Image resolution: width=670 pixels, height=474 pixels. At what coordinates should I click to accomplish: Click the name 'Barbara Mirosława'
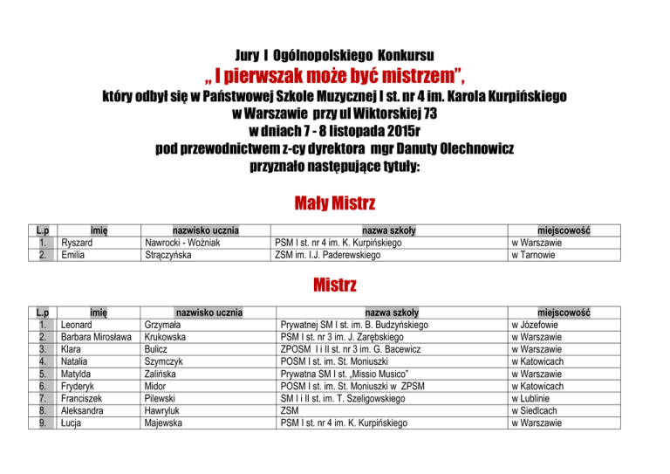point(96,335)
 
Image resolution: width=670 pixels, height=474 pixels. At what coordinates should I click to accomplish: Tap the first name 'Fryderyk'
point(80,386)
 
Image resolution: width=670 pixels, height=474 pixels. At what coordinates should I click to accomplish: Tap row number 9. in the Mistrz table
point(44,424)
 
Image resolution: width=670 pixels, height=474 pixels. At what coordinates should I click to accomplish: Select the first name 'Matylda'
point(79,374)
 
